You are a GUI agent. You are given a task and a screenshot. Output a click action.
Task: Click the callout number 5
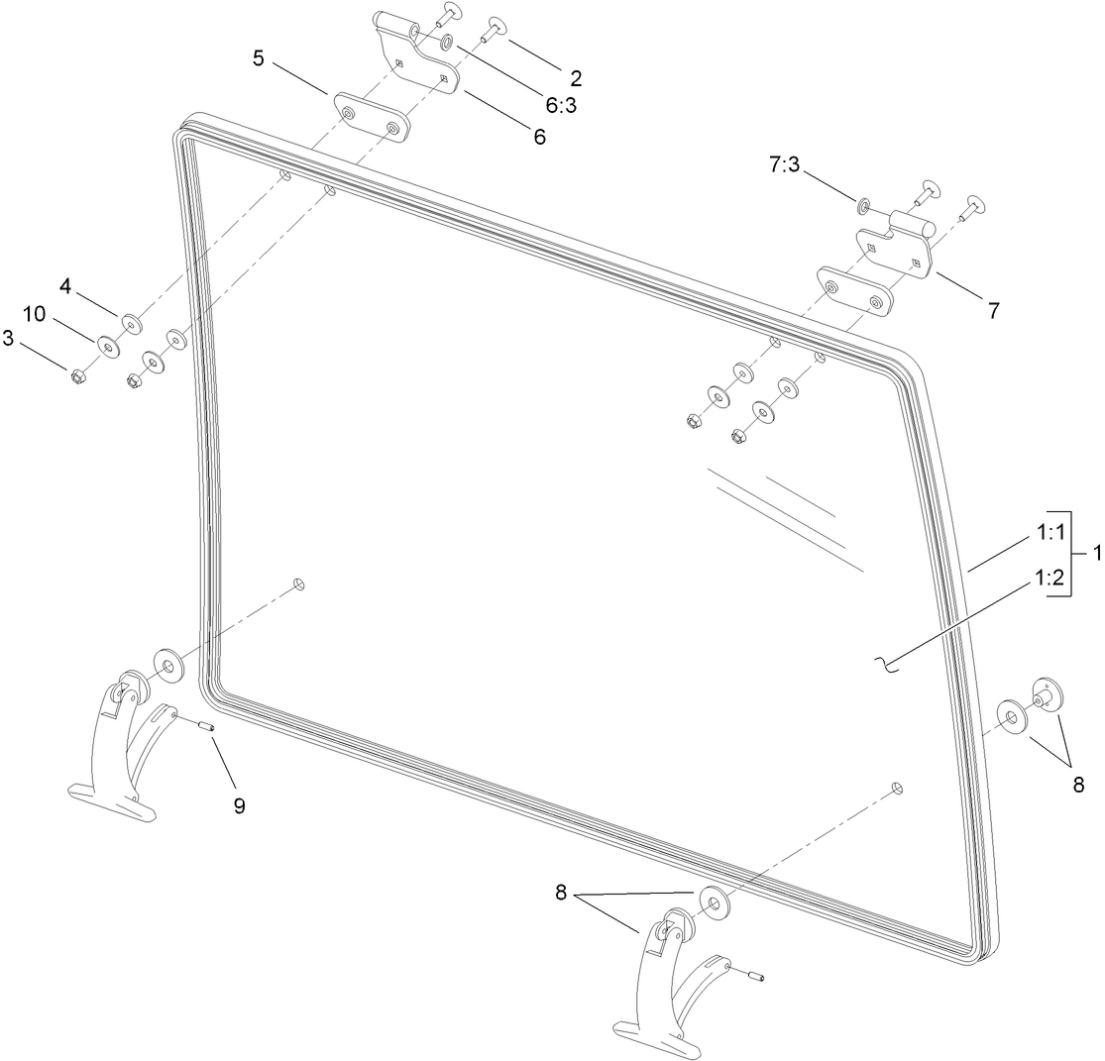(259, 57)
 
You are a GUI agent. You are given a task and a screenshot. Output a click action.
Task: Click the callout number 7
(992, 309)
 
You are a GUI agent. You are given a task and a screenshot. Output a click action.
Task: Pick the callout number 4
(65, 286)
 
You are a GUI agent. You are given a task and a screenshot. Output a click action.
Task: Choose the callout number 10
(36, 314)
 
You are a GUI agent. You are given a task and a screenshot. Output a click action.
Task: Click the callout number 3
(8, 340)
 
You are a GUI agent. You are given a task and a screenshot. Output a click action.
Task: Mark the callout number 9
(239, 805)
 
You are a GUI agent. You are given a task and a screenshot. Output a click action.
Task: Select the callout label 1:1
(1050, 533)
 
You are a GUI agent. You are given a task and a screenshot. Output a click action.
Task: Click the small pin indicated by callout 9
(208, 729)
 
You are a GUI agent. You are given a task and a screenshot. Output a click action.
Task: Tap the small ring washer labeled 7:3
(863, 206)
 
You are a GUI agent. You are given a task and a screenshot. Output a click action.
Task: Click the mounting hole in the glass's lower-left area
(299, 584)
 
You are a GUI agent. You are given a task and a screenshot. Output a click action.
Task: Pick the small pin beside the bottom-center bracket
(757, 980)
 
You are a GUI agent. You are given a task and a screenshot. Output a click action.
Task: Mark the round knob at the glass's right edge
(1044, 693)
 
